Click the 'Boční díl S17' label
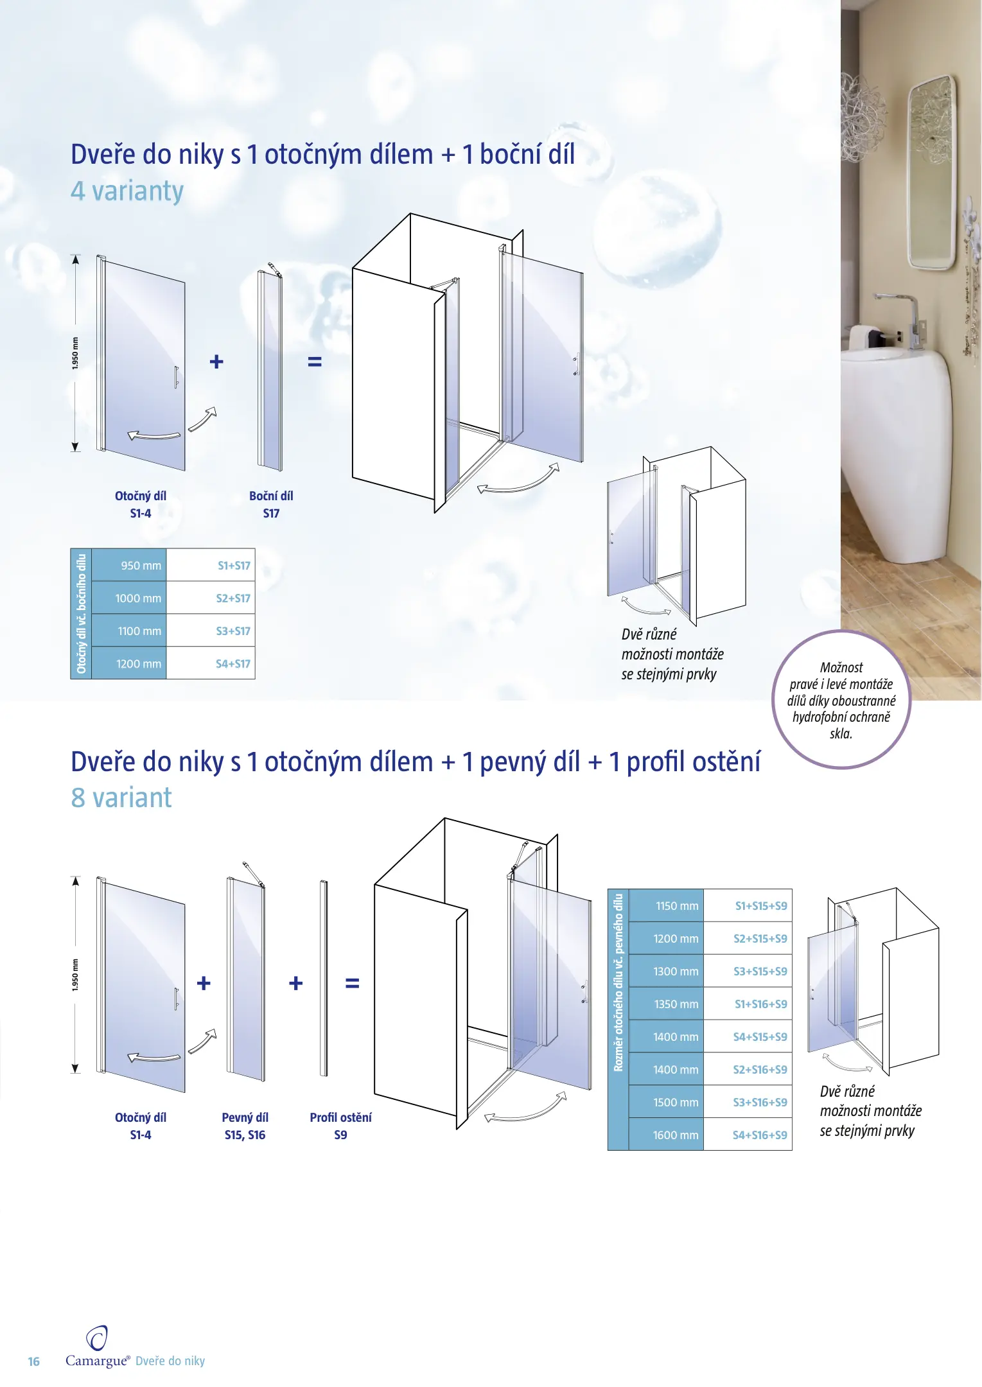[271, 504]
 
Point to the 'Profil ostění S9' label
[340, 1126]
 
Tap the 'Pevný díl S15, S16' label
[245, 1126]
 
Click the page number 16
[34, 1361]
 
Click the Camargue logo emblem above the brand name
[97, 1339]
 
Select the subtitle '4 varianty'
[127, 191]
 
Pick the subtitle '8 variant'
[121, 798]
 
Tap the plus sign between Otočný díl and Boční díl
[216, 362]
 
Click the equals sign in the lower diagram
[352, 983]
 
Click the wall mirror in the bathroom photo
[931, 172]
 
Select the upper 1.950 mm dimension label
[75, 353]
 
